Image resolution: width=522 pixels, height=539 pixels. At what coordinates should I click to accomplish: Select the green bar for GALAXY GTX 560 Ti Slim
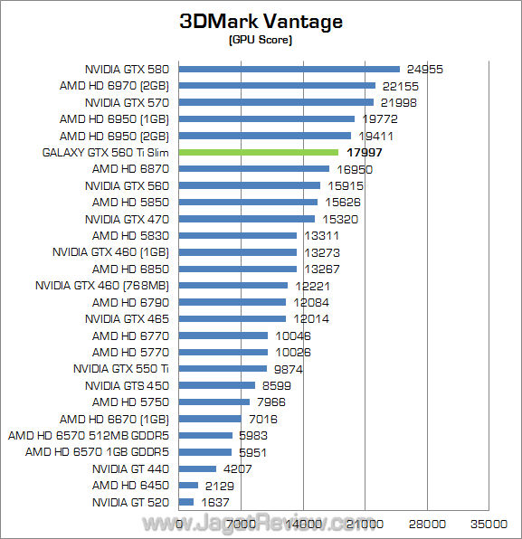[259, 152]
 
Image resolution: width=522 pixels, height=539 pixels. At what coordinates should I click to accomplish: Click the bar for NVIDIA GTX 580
[289, 69]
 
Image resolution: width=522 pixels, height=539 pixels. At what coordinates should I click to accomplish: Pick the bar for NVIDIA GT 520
[187, 502]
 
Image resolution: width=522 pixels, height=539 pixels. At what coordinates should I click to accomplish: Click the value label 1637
[214, 502]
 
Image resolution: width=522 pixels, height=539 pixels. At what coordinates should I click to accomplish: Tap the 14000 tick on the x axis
[303, 524]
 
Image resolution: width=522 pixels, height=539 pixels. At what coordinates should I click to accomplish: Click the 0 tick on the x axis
[180, 524]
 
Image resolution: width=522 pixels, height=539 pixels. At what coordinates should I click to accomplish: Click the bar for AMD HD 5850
[249, 202]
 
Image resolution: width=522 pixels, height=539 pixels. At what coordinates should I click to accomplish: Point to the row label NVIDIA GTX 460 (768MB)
[103, 285]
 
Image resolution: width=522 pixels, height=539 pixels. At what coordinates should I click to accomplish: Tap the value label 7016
[262, 419]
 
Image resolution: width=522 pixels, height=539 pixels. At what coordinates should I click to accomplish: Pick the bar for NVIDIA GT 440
[198, 468]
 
